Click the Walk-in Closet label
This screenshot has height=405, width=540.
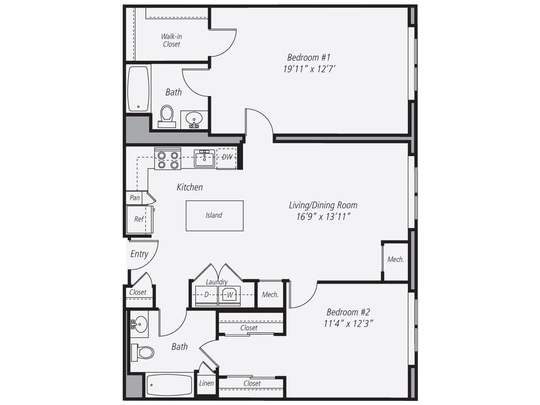pos(171,40)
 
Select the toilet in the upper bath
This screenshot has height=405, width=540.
pos(167,115)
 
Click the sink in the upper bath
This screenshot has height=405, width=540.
pos(194,118)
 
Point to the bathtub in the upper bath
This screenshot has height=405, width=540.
pos(139,89)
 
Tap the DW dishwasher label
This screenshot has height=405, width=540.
pos(227,157)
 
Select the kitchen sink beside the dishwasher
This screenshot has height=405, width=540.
pos(204,158)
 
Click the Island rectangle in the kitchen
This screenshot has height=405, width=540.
pos(214,215)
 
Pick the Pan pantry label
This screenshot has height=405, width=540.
pos(135,198)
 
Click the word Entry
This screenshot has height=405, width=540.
pos(139,254)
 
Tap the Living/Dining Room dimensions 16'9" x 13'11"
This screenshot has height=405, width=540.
pos(323,216)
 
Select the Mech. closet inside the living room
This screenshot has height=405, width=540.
pos(396,260)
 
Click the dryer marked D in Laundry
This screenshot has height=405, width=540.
pos(206,295)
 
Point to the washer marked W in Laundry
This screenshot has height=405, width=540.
pos(230,295)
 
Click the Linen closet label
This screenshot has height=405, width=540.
pos(206,383)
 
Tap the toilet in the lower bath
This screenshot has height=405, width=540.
pos(143,352)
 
